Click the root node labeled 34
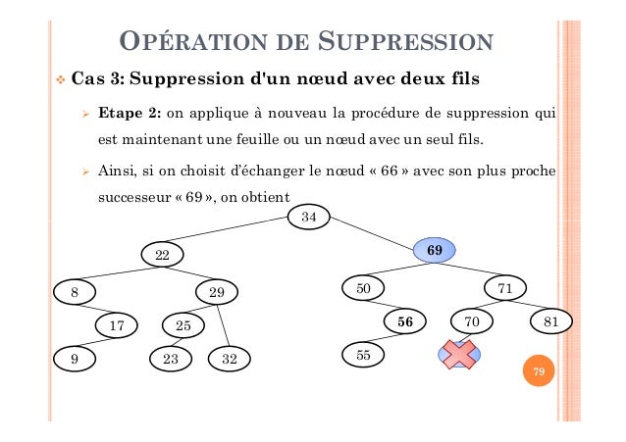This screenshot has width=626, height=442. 308,217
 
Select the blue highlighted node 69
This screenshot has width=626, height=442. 435,251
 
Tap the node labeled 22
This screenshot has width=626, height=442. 163,255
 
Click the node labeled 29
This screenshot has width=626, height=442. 218,291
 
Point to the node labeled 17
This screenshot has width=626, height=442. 116,323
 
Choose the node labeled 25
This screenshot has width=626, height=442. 183,323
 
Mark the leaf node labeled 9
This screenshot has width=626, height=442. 75,359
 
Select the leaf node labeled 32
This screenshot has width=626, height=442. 230,359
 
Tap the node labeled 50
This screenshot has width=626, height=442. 363,288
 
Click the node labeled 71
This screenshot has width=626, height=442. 505,288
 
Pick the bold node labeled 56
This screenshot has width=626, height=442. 404,320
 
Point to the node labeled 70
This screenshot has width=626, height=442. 472,320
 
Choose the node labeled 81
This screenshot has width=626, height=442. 551,320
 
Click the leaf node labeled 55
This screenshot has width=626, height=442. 363,354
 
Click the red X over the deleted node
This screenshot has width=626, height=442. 456,355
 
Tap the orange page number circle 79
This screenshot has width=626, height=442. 537,372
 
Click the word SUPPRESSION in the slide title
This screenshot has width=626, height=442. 405,43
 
